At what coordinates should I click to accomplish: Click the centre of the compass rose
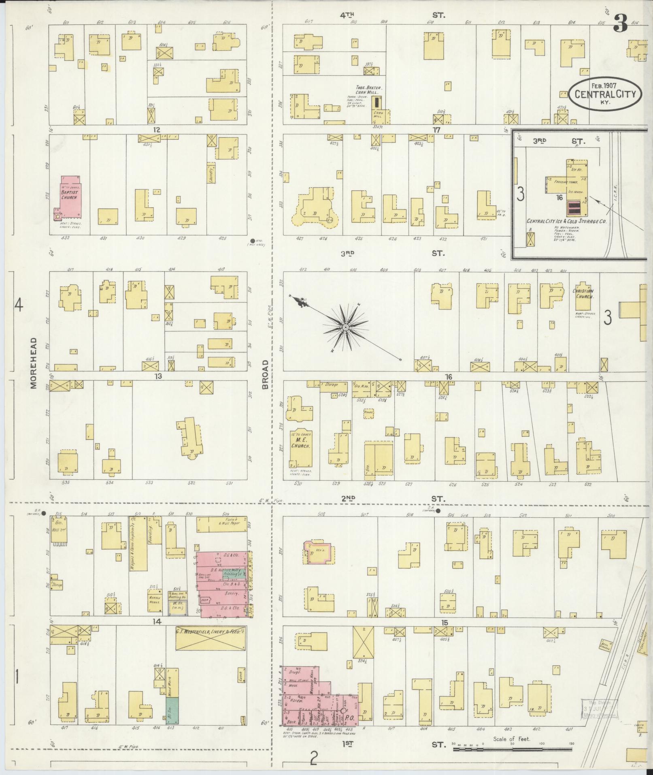pyautogui.click(x=345, y=327)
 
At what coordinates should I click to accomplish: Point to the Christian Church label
pyautogui.click(x=583, y=294)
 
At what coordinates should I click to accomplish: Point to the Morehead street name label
pyautogui.click(x=33, y=363)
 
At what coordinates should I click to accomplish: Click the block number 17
pyautogui.click(x=436, y=130)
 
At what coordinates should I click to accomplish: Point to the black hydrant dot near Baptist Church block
pyautogui.click(x=253, y=241)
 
